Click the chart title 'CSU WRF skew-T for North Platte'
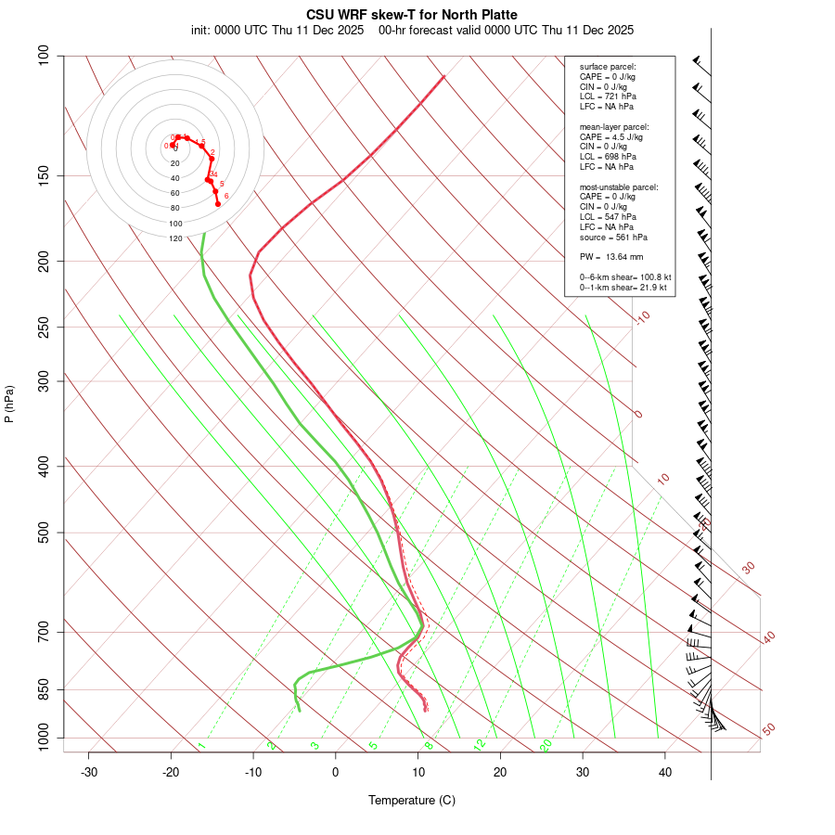pos(412,15)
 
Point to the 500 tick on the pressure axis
pos(44,533)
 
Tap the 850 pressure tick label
pos(44,689)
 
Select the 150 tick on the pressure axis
pos(44,175)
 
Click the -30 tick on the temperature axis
pos(89,772)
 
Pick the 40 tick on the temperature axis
pos(665,772)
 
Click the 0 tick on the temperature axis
pos(336,772)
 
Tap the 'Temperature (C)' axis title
pos(412,800)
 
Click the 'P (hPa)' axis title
pos(9,404)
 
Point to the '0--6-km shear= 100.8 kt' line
pos(625,277)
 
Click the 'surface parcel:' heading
pos(608,66)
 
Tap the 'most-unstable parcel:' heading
pos(619,186)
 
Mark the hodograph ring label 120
pos(175,238)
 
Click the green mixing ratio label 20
pos(546,744)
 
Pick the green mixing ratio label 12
pos(480,744)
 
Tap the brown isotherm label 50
pos(768,730)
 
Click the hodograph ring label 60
pos(175,193)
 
